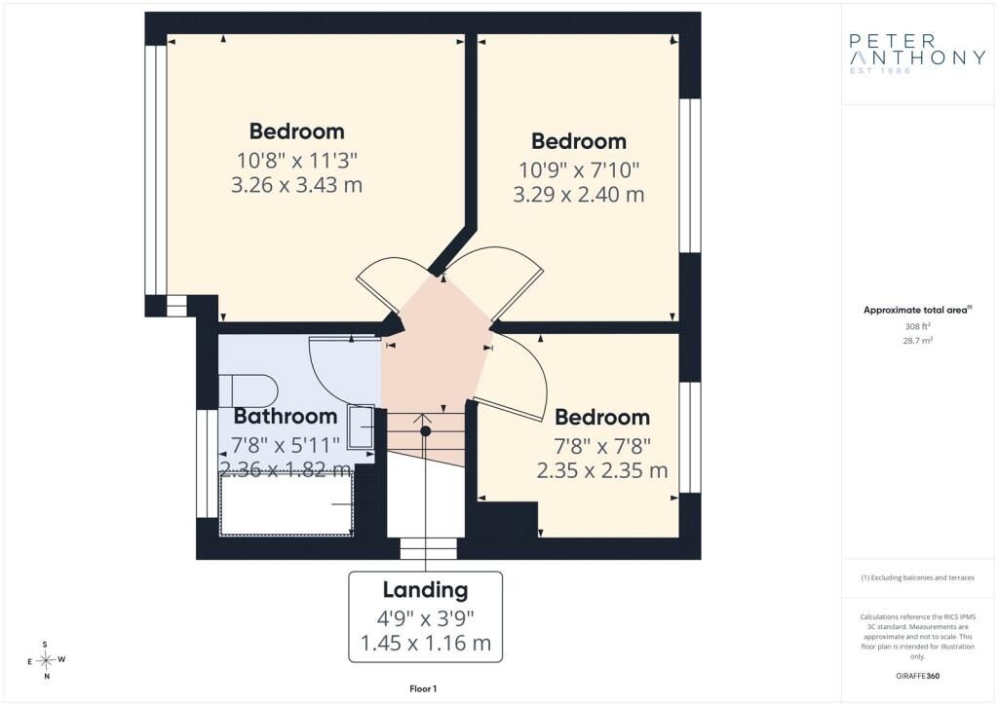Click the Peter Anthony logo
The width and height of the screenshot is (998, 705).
pyautogui.click(x=917, y=54)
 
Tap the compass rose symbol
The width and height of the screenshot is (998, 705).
pyautogui.click(x=46, y=660)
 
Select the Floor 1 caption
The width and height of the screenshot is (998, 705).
pyautogui.click(x=423, y=688)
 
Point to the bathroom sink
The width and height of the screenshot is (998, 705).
pyautogui.click(x=361, y=427)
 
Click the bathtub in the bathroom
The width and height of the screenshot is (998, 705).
pyautogui.click(x=286, y=504)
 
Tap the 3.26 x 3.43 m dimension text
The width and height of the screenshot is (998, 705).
pyautogui.click(x=296, y=185)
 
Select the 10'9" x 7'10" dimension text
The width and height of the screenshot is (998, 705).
pyautogui.click(x=579, y=169)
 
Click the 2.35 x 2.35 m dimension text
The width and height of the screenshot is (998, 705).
pyautogui.click(x=602, y=471)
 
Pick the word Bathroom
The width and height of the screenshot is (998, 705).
pyautogui.click(x=286, y=416)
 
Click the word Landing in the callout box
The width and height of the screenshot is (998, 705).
pyautogui.click(x=425, y=590)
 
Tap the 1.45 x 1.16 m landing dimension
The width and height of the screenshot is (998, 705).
pyautogui.click(x=426, y=644)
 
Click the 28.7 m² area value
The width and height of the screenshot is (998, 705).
pyautogui.click(x=918, y=341)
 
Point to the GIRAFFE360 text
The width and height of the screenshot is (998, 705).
pyautogui.click(x=918, y=676)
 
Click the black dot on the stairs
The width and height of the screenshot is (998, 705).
pyautogui.click(x=426, y=431)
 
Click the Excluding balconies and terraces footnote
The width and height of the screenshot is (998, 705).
pyautogui.click(x=918, y=577)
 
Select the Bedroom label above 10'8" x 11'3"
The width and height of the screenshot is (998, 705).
pyautogui.click(x=296, y=131)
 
